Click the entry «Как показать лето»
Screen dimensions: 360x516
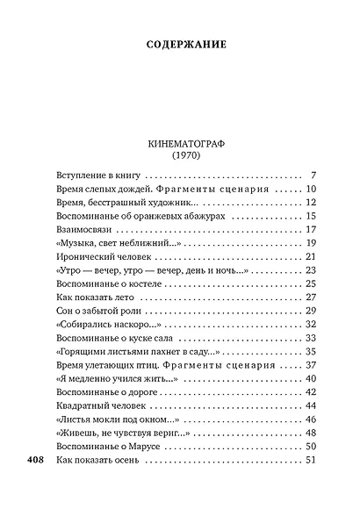click(x=93, y=298)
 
